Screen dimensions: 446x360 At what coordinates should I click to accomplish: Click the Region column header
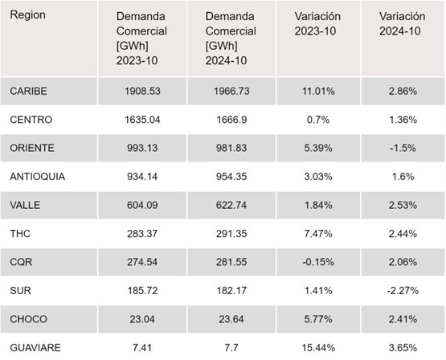click(27, 15)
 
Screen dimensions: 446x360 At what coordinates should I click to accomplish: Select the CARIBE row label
click(28, 92)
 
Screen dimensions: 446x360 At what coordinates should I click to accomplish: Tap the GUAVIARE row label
click(35, 348)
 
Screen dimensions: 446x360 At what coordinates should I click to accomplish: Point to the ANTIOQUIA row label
click(38, 177)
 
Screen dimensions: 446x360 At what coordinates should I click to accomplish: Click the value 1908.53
click(142, 92)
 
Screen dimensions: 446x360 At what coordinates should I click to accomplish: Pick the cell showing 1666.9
click(231, 120)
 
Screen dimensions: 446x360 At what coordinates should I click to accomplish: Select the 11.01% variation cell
click(318, 92)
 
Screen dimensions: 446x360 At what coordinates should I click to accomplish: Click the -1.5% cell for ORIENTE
click(403, 148)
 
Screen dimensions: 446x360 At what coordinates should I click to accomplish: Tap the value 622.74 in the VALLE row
click(231, 205)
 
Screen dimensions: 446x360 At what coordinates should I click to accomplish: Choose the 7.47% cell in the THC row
click(318, 234)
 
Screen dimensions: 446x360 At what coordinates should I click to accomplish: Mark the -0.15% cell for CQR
click(318, 262)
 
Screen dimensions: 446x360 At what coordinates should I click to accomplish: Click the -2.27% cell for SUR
click(403, 291)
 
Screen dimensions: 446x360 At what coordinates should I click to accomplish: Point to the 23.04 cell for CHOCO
click(142, 319)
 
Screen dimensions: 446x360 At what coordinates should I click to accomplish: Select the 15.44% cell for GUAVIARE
click(318, 348)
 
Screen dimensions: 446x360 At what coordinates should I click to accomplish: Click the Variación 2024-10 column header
click(402, 24)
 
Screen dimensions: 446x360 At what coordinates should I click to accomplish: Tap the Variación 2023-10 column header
click(317, 24)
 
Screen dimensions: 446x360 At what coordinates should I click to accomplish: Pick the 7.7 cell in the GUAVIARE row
click(231, 348)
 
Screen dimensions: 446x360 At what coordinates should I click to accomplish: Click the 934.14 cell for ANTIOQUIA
click(142, 177)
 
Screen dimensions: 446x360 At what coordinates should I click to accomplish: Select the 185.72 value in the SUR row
click(142, 291)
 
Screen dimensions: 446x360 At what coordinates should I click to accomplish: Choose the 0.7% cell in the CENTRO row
click(318, 120)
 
